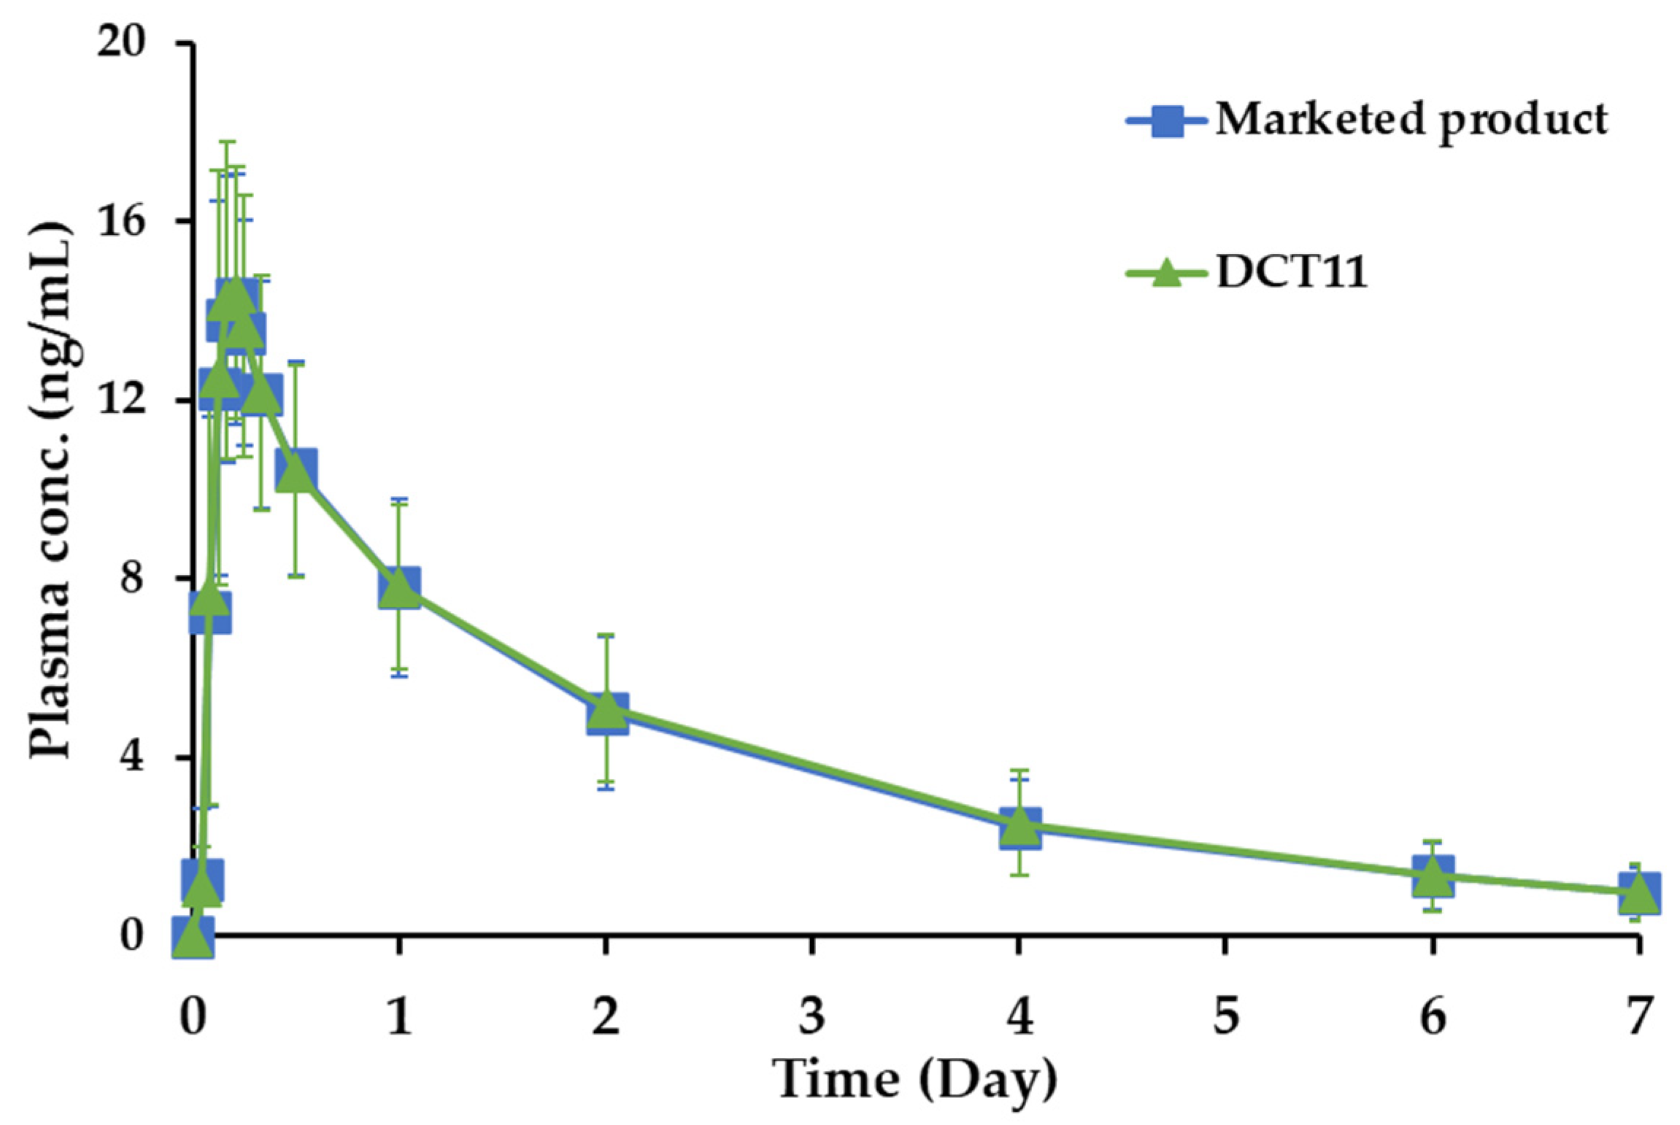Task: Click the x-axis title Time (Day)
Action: (x=916, y=1078)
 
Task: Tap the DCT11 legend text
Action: (x=1292, y=274)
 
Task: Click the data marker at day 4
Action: (x=1020, y=827)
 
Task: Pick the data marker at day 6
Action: (x=1432, y=875)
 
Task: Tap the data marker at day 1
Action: (x=399, y=588)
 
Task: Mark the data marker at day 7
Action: (x=1638, y=892)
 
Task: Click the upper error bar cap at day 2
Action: (x=606, y=635)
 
